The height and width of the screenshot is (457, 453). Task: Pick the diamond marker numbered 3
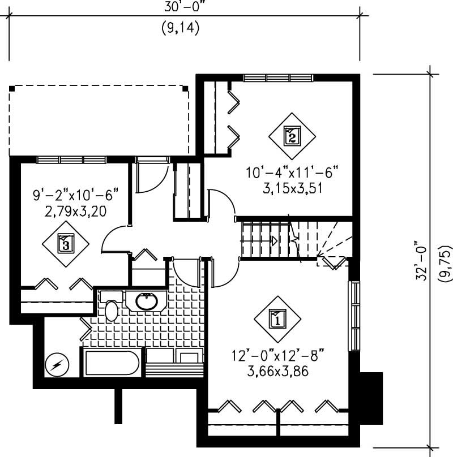[x=66, y=244]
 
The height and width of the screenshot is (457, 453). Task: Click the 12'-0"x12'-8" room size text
[x=277, y=357]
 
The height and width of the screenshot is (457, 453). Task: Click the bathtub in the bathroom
[x=112, y=364]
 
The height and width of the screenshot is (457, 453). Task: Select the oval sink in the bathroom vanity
[x=147, y=301]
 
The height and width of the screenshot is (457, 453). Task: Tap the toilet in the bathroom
[x=110, y=308]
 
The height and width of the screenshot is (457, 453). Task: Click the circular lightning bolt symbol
[x=57, y=365]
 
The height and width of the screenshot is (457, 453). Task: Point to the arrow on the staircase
[x=274, y=241]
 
